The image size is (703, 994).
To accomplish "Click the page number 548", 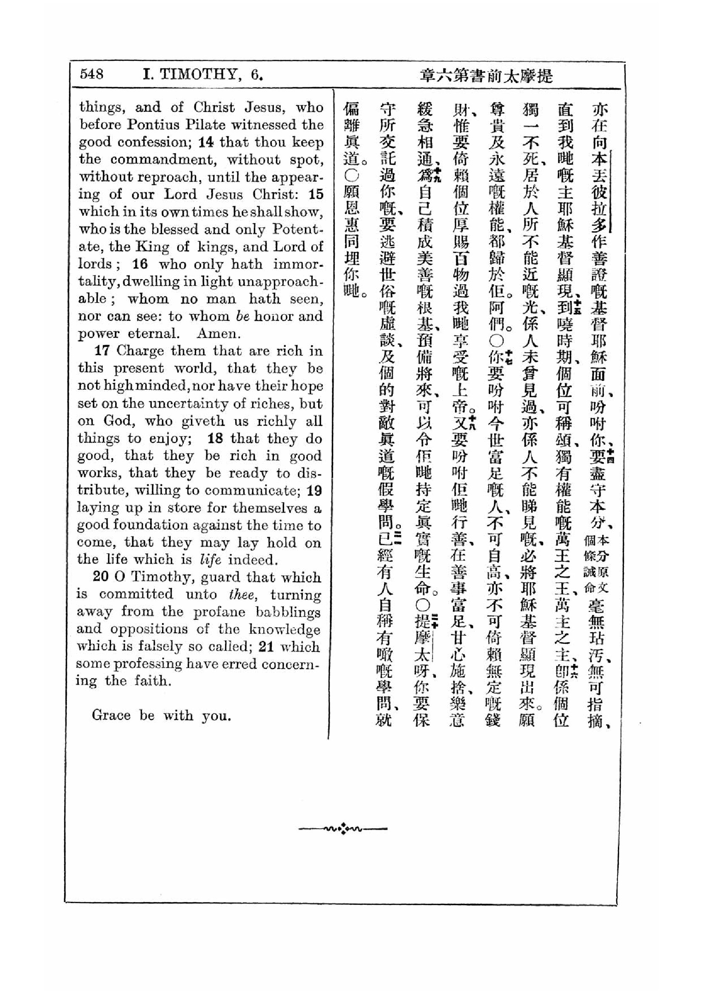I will click(x=92, y=74).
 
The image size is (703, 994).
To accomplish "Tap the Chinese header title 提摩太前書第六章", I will click(x=487, y=76).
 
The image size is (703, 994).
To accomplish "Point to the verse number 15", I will click(x=316, y=194).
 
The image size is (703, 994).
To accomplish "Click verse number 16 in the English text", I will click(x=140, y=264).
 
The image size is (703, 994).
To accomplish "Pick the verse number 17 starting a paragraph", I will click(x=102, y=351).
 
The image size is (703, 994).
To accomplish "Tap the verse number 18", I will click(x=215, y=438).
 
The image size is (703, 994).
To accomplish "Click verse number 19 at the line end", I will click(x=314, y=490).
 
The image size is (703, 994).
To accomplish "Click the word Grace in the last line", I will click(x=111, y=715).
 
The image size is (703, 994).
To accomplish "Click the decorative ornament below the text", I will click(x=343, y=829).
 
